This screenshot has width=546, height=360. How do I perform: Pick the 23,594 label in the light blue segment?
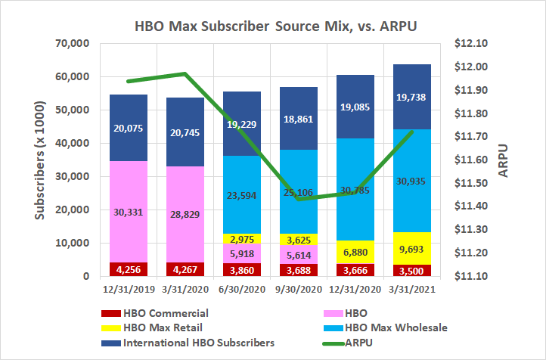click(234, 194)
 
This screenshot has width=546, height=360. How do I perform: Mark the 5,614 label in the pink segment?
click(293, 256)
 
